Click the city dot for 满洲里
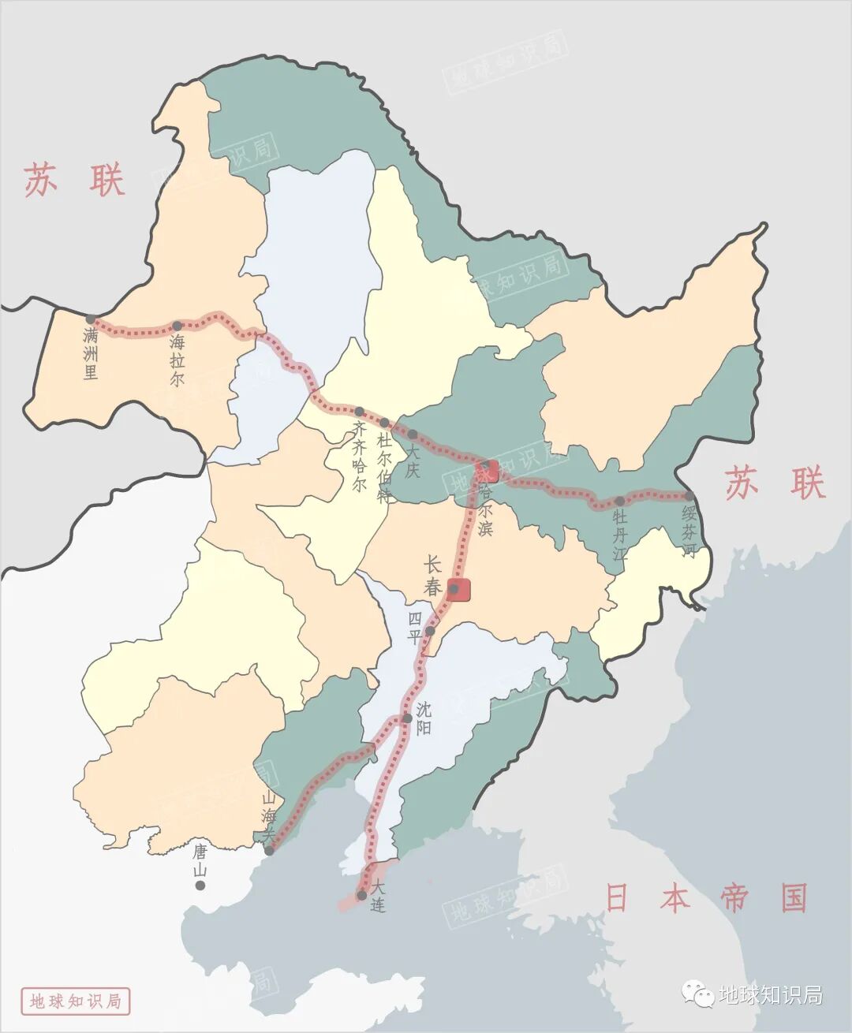[91, 319]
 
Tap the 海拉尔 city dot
[177, 326]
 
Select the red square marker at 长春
[458, 589]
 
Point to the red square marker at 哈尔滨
[488, 471]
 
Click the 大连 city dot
[361, 895]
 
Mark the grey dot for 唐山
[200, 886]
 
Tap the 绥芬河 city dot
[689, 496]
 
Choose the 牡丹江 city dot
[620, 501]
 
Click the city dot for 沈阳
[407, 718]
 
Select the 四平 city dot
[430, 631]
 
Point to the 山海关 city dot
[270, 851]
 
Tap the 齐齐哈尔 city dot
[359, 412]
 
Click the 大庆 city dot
[412, 434]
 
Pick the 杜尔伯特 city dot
[384, 423]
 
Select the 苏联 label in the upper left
[74, 180]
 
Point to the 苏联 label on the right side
[775, 483]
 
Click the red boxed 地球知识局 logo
[76, 1001]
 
